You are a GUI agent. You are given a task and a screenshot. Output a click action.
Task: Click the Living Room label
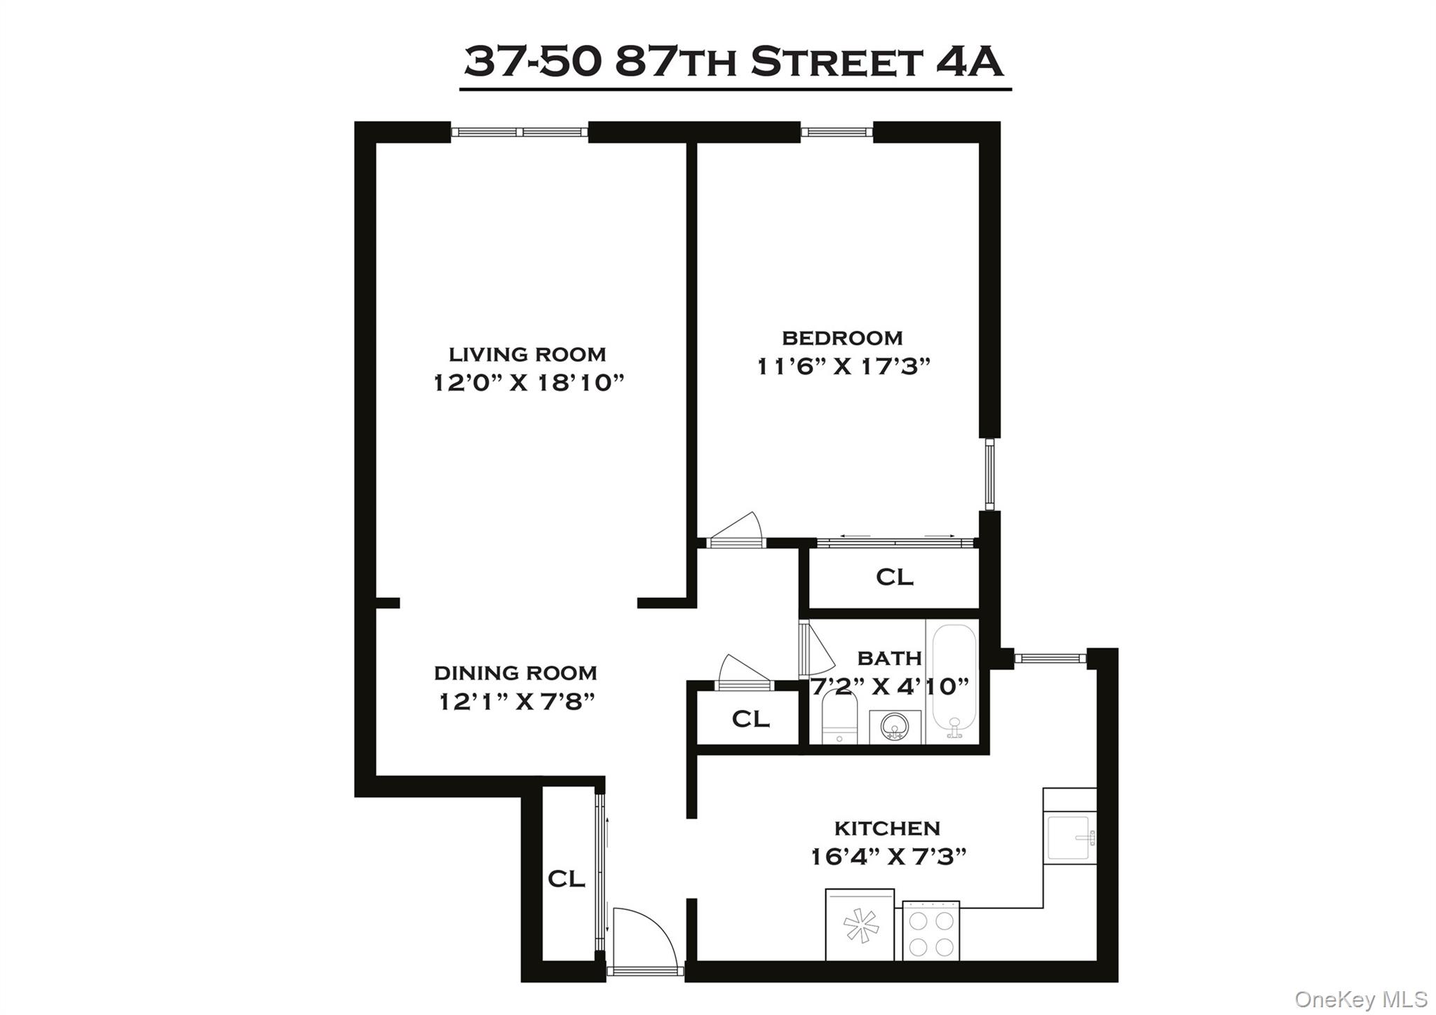click(x=527, y=354)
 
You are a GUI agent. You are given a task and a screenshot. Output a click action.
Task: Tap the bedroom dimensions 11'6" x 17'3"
click(x=843, y=367)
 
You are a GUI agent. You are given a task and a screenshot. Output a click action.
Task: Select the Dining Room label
click(x=515, y=673)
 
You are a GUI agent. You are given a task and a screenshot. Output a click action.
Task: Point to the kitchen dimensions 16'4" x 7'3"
click(x=888, y=857)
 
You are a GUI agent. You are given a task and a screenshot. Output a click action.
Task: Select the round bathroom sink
click(x=894, y=727)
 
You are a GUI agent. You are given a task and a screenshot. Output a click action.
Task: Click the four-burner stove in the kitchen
click(x=930, y=931)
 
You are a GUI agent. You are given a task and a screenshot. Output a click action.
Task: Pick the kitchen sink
click(x=1069, y=837)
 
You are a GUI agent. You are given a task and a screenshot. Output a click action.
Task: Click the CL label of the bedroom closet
click(x=895, y=577)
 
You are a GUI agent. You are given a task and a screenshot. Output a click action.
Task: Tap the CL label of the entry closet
click(x=566, y=878)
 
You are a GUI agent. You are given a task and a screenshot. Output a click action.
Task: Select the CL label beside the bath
click(x=750, y=718)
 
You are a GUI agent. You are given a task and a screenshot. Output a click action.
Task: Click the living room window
click(x=519, y=132)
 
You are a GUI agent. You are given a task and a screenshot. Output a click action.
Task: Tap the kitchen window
click(x=1050, y=658)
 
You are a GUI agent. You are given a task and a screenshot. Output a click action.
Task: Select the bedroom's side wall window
click(x=989, y=474)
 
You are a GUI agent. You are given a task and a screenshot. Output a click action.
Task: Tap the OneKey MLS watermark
click(x=1360, y=998)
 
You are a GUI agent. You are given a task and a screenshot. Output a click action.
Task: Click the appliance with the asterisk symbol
click(x=860, y=925)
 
